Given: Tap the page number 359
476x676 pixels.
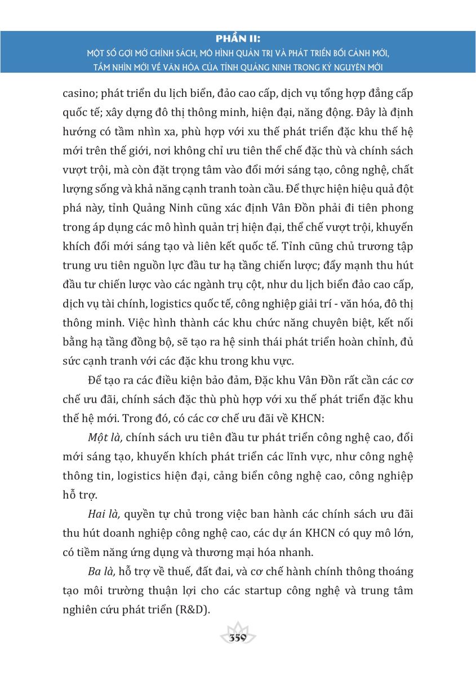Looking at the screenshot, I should coord(238,639).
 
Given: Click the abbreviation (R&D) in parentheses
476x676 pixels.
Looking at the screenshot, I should coord(193,610).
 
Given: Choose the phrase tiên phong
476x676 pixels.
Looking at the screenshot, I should coord(386,208).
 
